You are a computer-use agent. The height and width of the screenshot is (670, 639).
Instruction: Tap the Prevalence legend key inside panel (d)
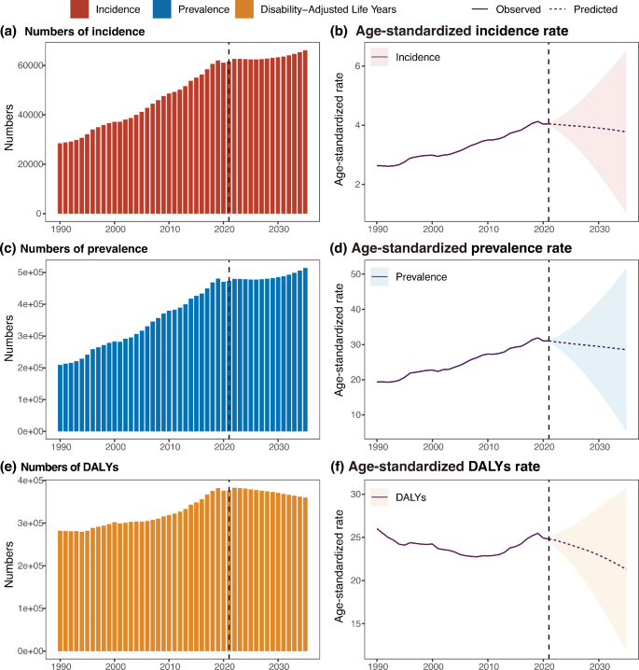[381, 276]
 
